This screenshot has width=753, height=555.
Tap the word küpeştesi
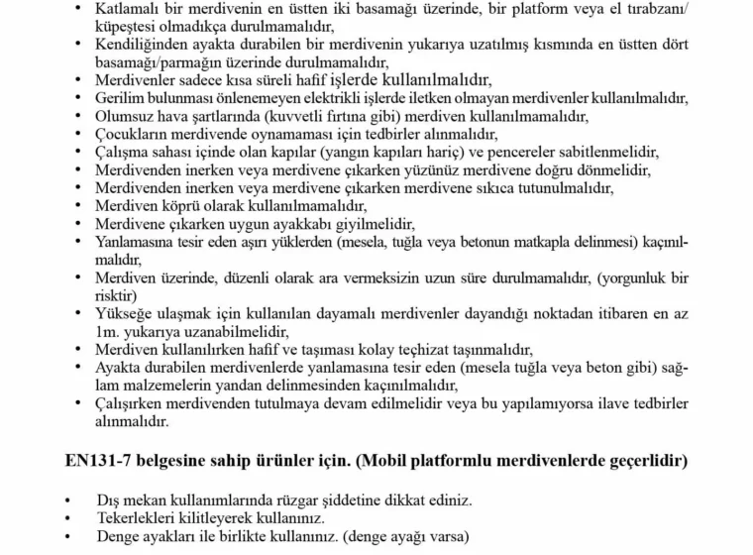tap(131, 29)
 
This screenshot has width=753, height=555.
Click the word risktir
tap(117, 294)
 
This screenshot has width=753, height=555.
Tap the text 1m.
tap(106, 331)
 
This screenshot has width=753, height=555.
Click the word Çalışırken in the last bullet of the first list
tap(133, 402)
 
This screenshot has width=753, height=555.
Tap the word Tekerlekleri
tap(140, 517)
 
